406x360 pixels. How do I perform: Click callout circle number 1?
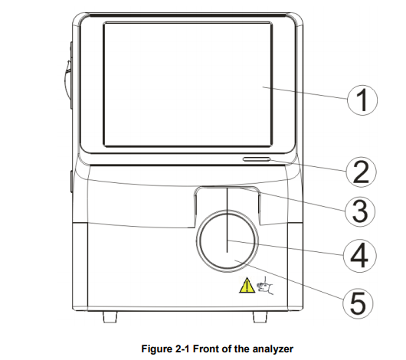[362, 100]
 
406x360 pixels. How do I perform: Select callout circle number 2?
[361, 172]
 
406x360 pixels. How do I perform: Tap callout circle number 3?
[360, 211]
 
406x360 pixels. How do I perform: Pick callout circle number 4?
[359, 255]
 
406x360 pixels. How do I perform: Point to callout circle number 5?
[358, 303]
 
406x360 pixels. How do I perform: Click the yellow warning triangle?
[247, 285]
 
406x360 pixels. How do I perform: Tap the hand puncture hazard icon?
[264, 286]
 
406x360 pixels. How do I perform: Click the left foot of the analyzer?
[110, 317]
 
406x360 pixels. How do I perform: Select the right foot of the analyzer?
[260, 317]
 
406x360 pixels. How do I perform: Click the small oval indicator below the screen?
[257, 159]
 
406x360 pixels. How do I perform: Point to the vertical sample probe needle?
[227, 220]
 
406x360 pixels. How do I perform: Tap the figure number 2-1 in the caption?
[182, 349]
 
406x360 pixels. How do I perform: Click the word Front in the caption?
[206, 349]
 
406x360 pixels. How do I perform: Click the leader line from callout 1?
[305, 93]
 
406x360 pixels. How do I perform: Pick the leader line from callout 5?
[289, 280]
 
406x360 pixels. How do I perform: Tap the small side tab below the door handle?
[71, 182]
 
